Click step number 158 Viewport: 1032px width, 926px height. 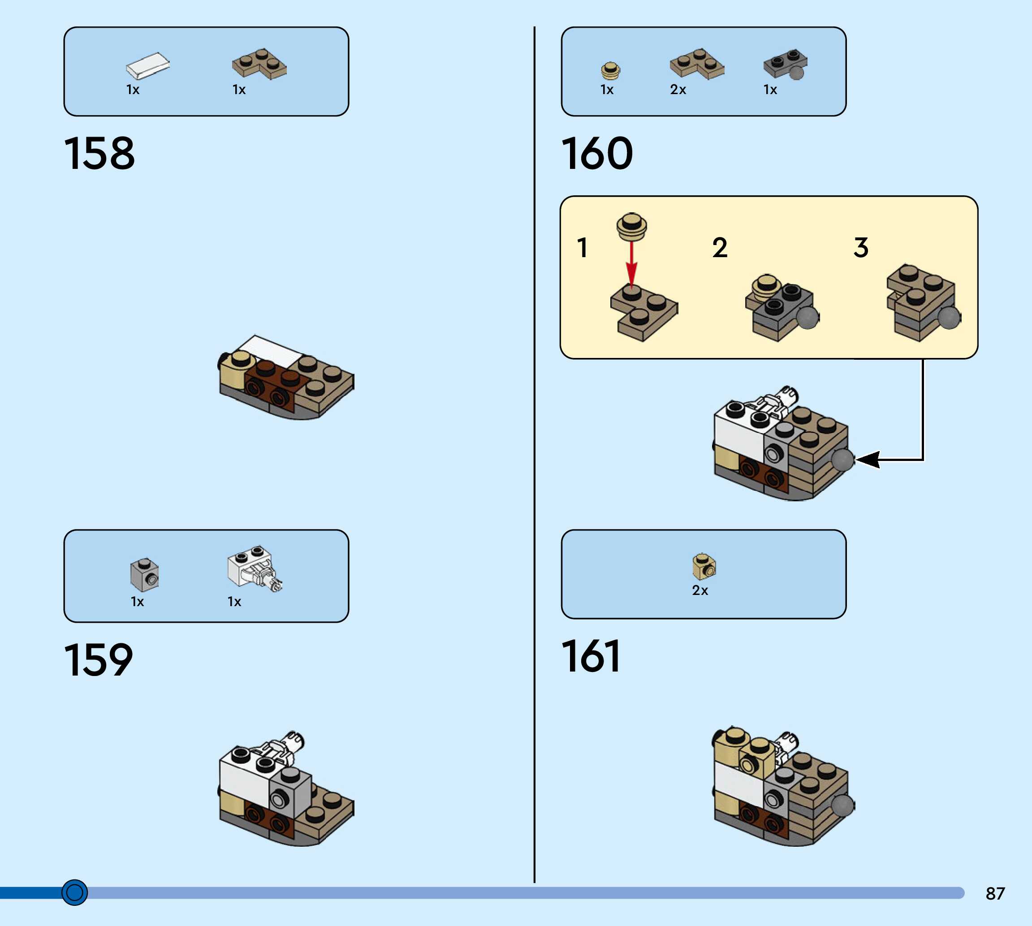99,153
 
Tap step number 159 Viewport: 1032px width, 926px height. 98,660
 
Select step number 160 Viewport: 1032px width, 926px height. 597,153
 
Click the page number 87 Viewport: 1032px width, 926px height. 995,893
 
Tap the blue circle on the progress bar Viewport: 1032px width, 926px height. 74,892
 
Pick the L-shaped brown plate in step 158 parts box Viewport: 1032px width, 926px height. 259,64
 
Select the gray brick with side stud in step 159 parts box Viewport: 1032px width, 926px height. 145,575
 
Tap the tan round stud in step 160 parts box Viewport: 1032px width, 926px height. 611,70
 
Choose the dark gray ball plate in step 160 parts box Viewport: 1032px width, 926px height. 785,64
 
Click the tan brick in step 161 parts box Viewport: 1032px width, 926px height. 704,567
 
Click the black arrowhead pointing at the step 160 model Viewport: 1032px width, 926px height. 867,460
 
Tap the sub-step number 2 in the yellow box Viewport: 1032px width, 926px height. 720,248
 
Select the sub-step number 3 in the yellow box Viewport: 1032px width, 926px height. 860,248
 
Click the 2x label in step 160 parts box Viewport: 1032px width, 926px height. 678,90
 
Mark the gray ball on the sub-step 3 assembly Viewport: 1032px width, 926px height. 949,318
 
